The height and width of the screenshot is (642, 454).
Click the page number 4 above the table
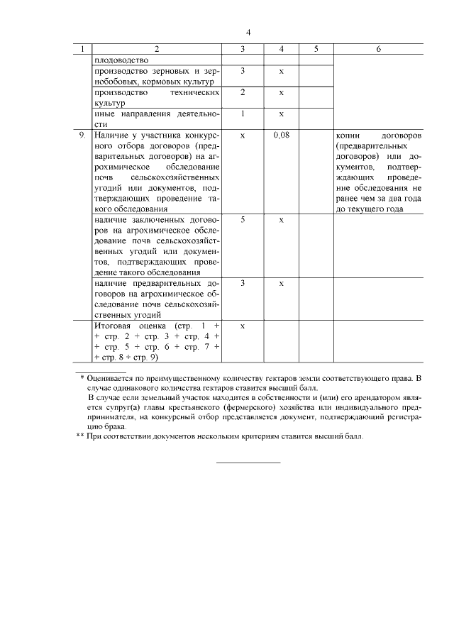pos(248,33)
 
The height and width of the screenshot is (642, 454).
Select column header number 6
pos(378,49)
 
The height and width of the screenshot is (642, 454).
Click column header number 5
pos(316,49)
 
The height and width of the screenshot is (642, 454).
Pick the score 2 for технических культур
pos(243,92)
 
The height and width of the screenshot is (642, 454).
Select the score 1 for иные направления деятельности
pos(243,114)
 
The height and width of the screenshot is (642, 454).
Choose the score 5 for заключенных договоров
pos(243,220)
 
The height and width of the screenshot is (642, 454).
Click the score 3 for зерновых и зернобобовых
pos(243,71)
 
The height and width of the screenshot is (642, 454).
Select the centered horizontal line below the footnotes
pos(248,463)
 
